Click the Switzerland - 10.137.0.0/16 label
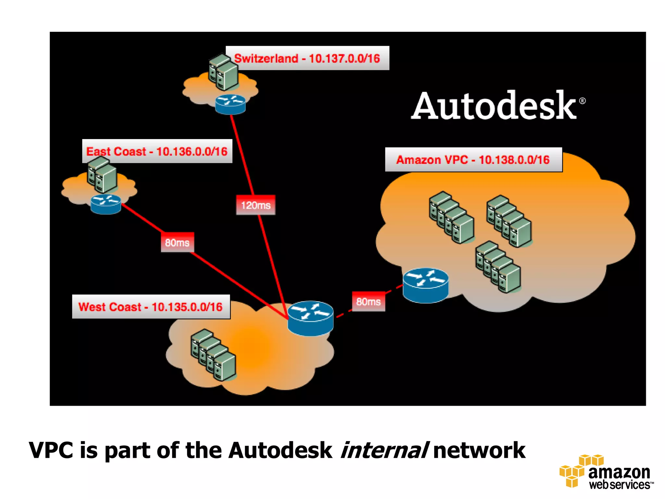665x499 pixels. click(307, 58)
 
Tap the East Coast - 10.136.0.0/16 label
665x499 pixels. click(157, 151)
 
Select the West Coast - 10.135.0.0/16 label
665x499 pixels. click(151, 307)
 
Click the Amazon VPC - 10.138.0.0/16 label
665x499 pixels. click(473, 160)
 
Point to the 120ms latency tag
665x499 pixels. click(256, 205)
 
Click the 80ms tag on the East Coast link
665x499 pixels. click(177, 242)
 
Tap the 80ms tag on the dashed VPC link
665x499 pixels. click(368, 302)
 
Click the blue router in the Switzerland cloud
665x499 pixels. click(230, 104)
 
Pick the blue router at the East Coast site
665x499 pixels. click(106, 204)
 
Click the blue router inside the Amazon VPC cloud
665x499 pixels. click(425, 285)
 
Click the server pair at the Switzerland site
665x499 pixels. click(223, 72)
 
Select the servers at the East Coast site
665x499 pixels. click(102, 174)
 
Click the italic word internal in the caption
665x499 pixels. click(384, 450)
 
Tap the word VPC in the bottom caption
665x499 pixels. click(51, 450)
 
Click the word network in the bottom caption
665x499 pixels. click(479, 450)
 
